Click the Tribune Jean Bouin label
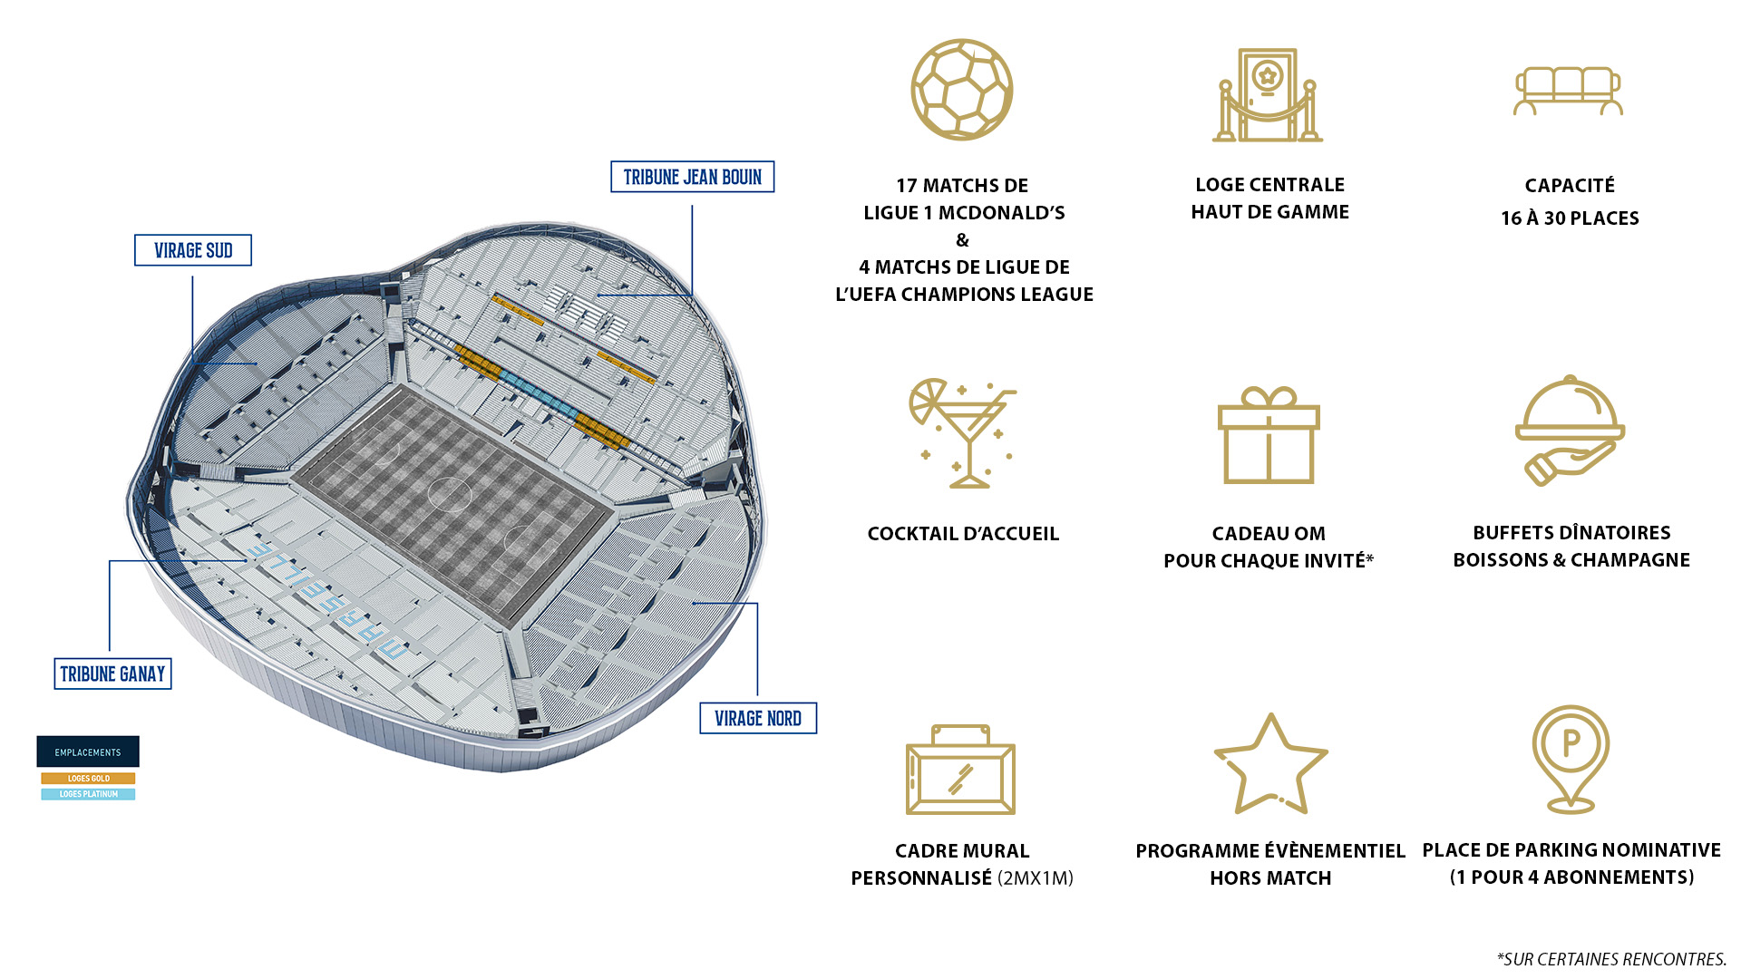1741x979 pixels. (692, 177)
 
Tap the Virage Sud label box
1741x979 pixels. (193, 250)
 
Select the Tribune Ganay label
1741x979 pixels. (112, 674)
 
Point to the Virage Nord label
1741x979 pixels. (758, 718)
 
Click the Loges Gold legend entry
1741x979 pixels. (88, 778)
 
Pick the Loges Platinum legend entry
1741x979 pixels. (88, 794)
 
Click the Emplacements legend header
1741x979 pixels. (88, 751)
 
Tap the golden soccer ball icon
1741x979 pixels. (962, 90)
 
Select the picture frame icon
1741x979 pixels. (960, 770)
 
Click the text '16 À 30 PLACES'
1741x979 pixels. (1570, 218)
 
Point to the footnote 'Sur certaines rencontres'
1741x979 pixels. (1611, 959)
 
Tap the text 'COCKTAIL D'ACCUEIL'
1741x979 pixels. (963, 534)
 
